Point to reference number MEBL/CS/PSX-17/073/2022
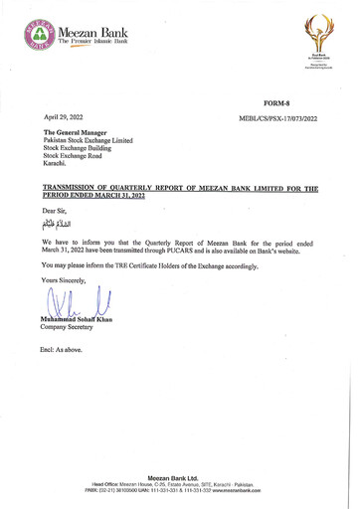pos(278,118)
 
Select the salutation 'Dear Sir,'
pos(57,212)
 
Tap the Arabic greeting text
pos(59,226)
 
